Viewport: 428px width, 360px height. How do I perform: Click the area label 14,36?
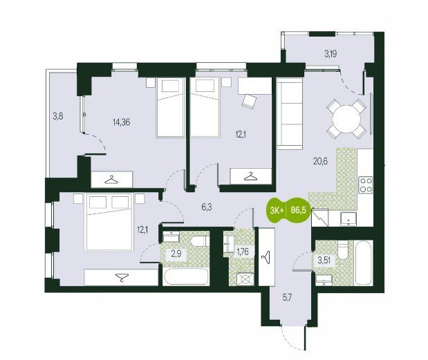122,122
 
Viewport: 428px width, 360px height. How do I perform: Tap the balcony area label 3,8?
58,117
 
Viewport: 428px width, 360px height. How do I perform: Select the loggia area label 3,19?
331,54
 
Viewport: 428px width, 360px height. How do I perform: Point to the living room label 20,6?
320,162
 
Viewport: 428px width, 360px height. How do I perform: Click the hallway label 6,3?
207,207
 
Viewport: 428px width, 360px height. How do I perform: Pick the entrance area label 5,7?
287,298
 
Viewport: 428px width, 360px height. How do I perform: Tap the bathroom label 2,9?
176,255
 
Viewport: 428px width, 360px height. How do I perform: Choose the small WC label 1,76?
243,252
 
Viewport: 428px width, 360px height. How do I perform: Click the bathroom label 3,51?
324,260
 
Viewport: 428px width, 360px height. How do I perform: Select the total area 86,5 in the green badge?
298,210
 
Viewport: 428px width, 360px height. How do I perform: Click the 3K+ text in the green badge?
277,210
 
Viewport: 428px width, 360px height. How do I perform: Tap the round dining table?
346,119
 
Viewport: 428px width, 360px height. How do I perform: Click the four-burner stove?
366,185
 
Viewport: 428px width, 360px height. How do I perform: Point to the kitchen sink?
348,219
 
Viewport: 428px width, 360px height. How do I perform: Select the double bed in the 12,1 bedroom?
109,221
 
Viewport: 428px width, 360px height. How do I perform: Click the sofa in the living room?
290,114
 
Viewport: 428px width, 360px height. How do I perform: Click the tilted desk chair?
249,102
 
